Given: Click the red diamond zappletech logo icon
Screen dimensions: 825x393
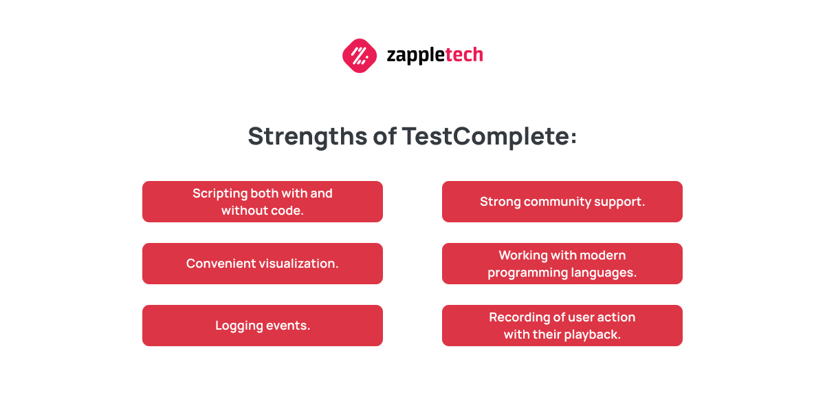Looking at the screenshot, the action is [x=360, y=56].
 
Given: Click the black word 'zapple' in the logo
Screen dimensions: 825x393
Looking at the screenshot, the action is [x=416, y=56].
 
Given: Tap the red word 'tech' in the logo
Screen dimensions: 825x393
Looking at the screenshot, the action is [x=464, y=54].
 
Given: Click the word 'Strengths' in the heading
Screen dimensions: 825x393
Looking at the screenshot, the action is [x=307, y=137].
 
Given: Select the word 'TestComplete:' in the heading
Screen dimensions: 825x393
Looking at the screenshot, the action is [x=489, y=137].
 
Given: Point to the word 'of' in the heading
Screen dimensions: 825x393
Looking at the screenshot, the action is [x=384, y=136].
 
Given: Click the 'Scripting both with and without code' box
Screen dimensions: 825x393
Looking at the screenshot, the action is [x=263, y=202].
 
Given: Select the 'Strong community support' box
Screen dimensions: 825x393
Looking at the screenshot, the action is [x=562, y=202].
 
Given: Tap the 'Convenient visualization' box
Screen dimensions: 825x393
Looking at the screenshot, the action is [x=263, y=264].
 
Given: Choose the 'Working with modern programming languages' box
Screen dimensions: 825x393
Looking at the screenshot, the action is [x=562, y=264].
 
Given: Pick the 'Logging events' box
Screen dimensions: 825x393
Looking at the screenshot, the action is [x=263, y=326].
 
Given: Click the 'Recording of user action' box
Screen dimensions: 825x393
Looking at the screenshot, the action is [x=562, y=326].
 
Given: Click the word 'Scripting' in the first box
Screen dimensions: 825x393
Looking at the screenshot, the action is [x=220, y=194].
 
